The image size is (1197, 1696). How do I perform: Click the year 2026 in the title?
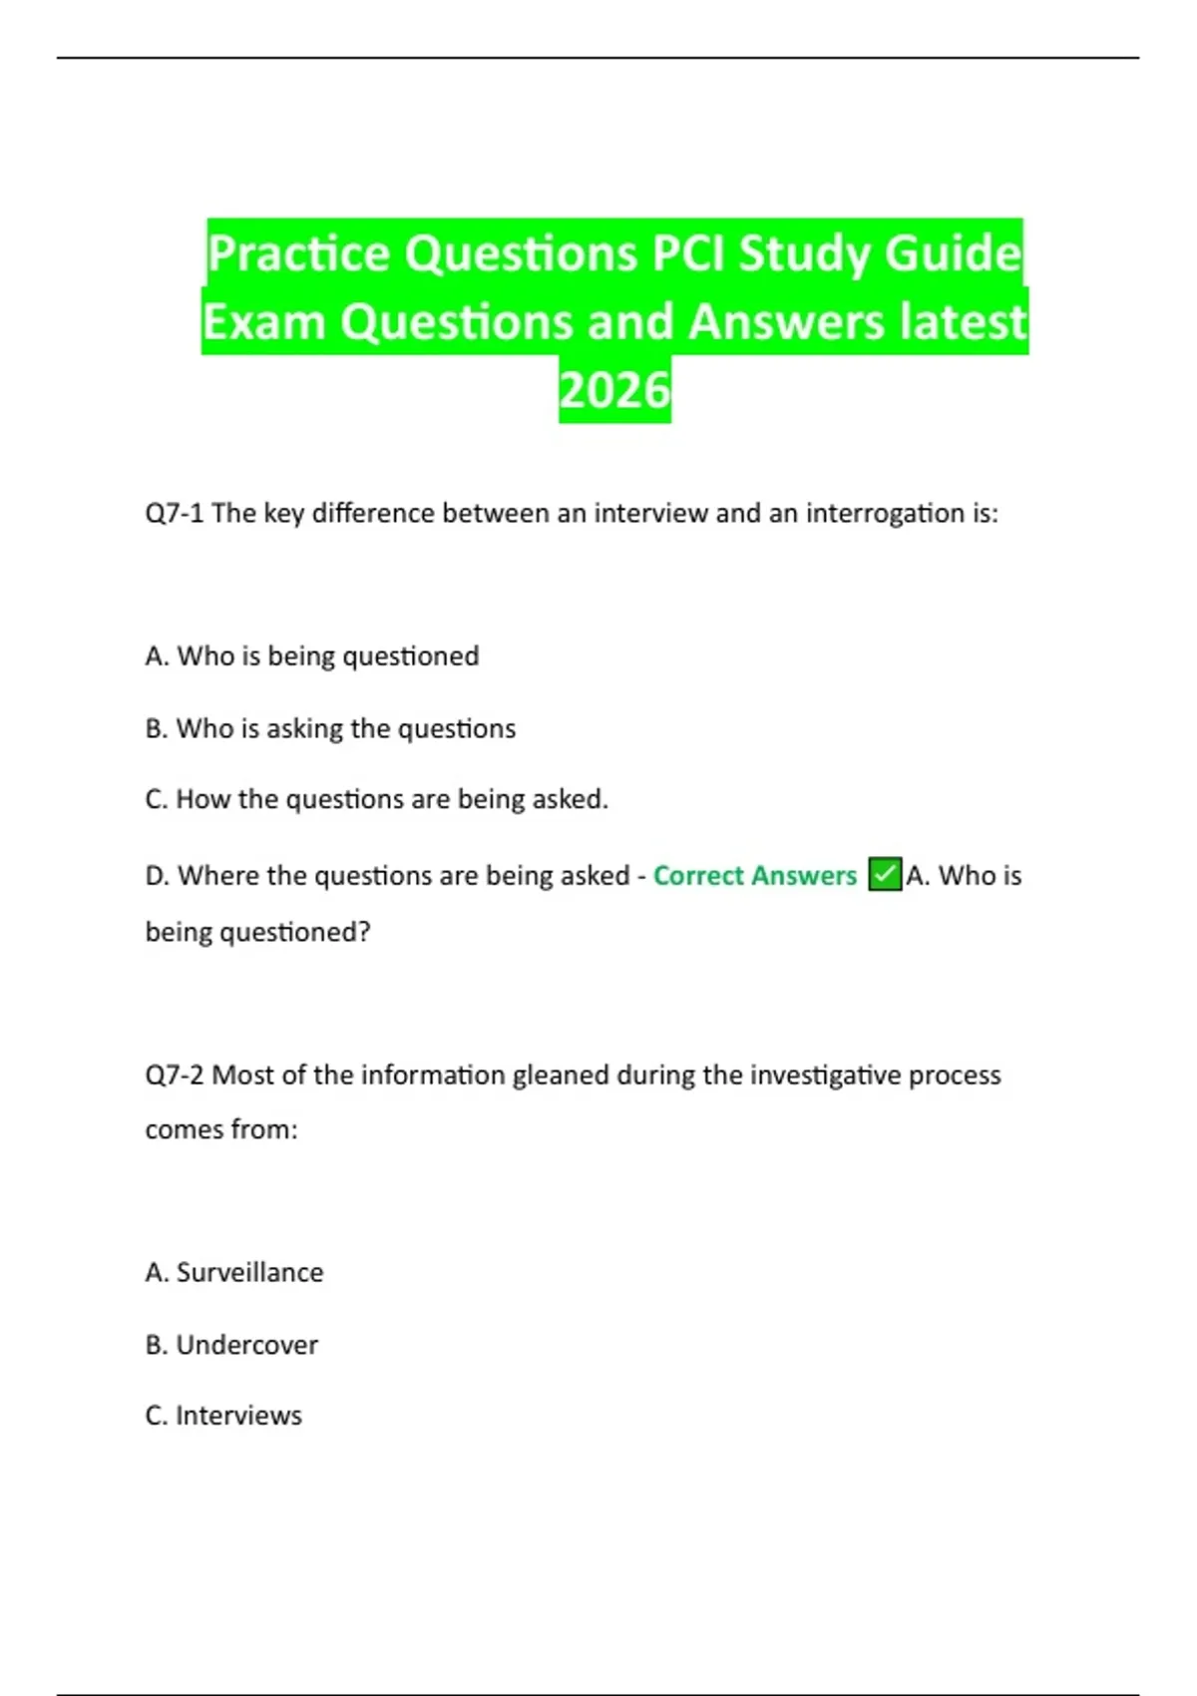pyautogui.click(x=614, y=390)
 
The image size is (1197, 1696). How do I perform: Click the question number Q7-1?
pyautogui.click(x=175, y=513)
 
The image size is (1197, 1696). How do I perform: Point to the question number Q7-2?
pyautogui.click(x=175, y=1074)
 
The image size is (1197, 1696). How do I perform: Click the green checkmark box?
pyautogui.click(x=885, y=874)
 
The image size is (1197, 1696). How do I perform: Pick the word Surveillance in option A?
pyautogui.click(x=249, y=1272)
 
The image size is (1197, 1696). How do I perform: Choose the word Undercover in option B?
pyautogui.click(x=246, y=1345)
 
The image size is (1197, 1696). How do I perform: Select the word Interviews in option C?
pyautogui.click(x=238, y=1416)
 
